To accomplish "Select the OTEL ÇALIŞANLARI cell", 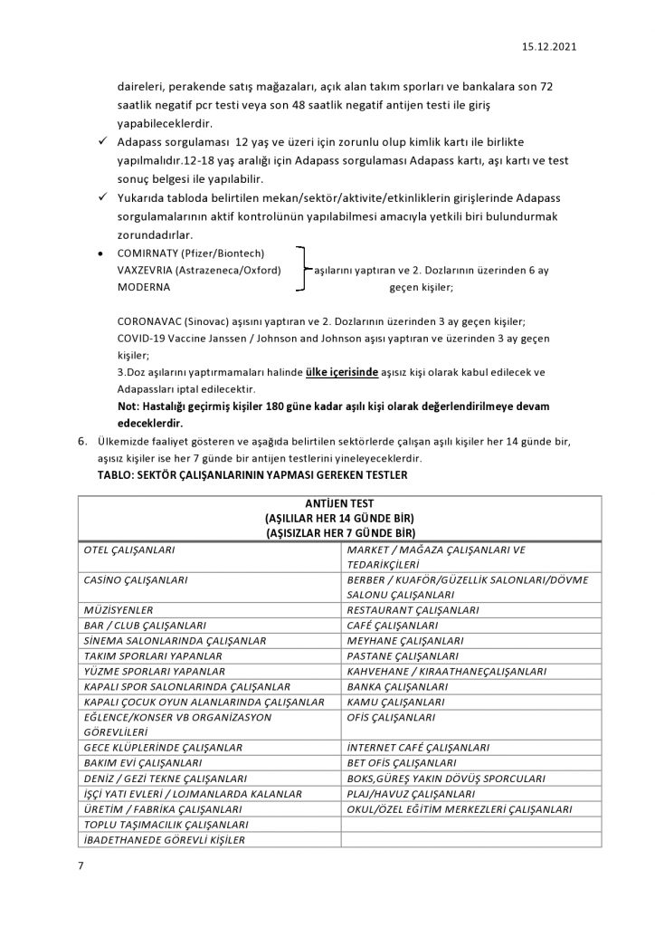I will tap(128, 550).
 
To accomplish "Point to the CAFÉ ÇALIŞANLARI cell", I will tap(393, 625).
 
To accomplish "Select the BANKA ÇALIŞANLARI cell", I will tap(397, 686).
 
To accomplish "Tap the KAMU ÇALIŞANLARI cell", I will tap(395, 702).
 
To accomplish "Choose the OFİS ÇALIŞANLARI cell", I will tap(393, 717).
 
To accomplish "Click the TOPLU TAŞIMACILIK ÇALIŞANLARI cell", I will tap(165, 824).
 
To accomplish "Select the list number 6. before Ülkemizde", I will tap(81, 440).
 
